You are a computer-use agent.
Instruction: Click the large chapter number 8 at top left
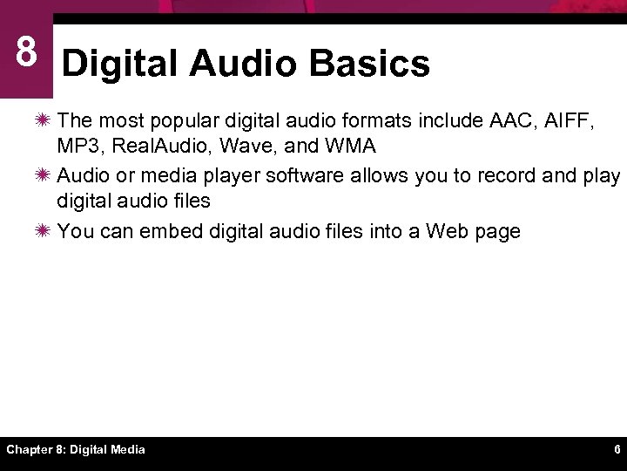pyautogui.click(x=26, y=52)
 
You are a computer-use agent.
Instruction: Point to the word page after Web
pyautogui.click(x=497, y=233)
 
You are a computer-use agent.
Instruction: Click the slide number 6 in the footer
pyautogui.click(x=617, y=450)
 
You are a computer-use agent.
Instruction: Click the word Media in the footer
pyautogui.click(x=126, y=450)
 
